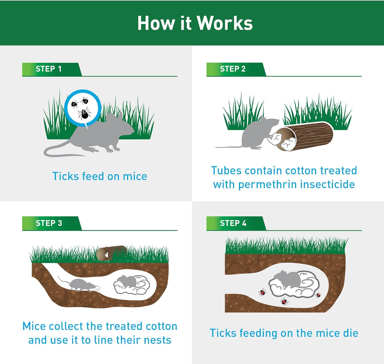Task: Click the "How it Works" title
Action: click(x=195, y=23)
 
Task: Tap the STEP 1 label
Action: click(x=48, y=69)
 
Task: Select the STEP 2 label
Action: click(x=232, y=69)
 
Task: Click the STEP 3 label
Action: click(x=49, y=223)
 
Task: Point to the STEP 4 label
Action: click(x=233, y=223)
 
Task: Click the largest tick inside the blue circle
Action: click(x=84, y=114)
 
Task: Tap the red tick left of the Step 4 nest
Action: click(x=262, y=292)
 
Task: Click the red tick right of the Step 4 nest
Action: click(x=318, y=295)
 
